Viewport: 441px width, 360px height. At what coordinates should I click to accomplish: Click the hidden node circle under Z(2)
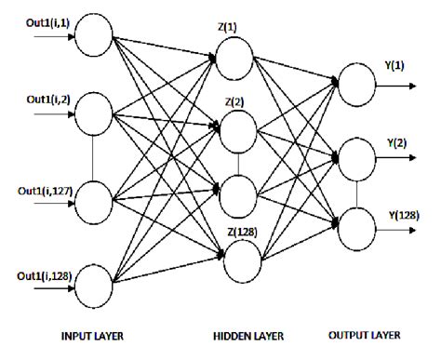tap(237, 128)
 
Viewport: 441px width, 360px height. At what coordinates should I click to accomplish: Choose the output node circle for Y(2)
tap(357, 154)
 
